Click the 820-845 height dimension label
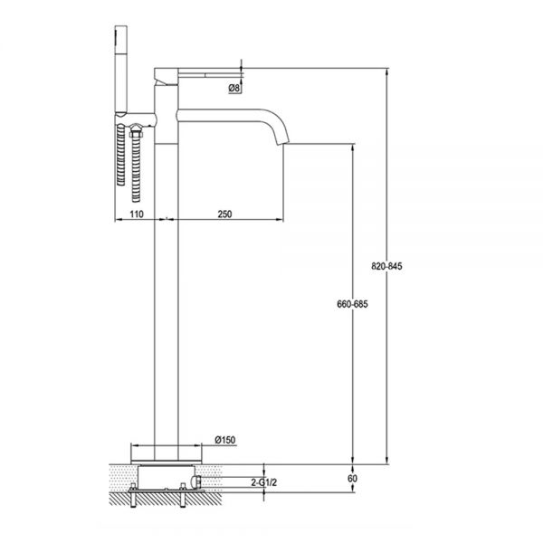(x=386, y=266)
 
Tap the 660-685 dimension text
(x=353, y=304)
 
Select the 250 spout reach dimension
(x=224, y=214)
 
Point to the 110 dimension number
(x=137, y=214)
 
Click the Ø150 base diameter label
(x=225, y=440)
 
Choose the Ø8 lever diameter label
(x=234, y=88)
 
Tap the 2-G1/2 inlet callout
(x=263, y=482)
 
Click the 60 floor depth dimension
(x=352, y=478)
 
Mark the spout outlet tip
(x=283, y=143)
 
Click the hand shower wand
(x=121, y=70)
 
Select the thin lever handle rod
(x=210, y=74)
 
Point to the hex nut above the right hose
(x=136, y=131)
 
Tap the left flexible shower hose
(x=120, y=155)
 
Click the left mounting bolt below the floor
(x=133, y=495)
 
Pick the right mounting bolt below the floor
(x=183, y=495)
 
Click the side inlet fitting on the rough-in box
(x=196, y=482)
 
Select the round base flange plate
(x=167, y=462)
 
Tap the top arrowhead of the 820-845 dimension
(x=386, y=72)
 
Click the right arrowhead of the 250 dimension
(x=279, y=219)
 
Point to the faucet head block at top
(x=167, y=77)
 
